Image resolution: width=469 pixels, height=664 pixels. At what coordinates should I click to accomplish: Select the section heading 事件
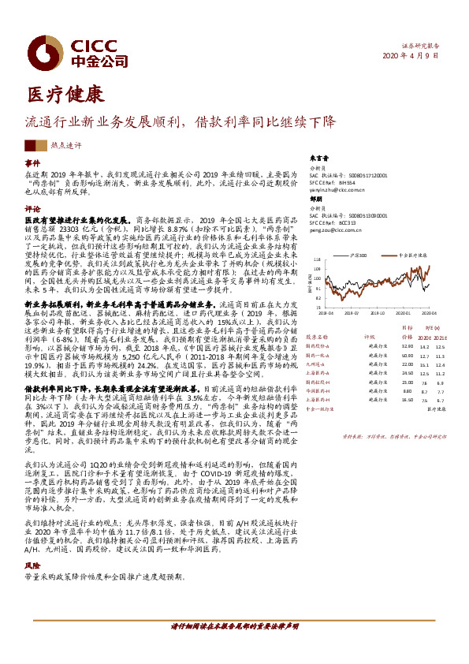pyautogui.click(x=32, y=162)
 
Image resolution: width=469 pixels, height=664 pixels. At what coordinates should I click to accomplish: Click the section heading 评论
pyautogui.click(x=32, y=209)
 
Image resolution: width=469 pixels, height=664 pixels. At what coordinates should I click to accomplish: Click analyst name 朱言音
pyautogui.click(x=318, y=158)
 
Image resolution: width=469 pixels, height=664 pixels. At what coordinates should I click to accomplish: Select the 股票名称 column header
pyautogui.click(x=319, y=334)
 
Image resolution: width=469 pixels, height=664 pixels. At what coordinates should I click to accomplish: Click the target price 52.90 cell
pyautogui.click(x=408, y=345)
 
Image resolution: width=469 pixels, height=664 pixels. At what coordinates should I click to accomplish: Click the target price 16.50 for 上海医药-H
pyautogui.click(x=408, y=400)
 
